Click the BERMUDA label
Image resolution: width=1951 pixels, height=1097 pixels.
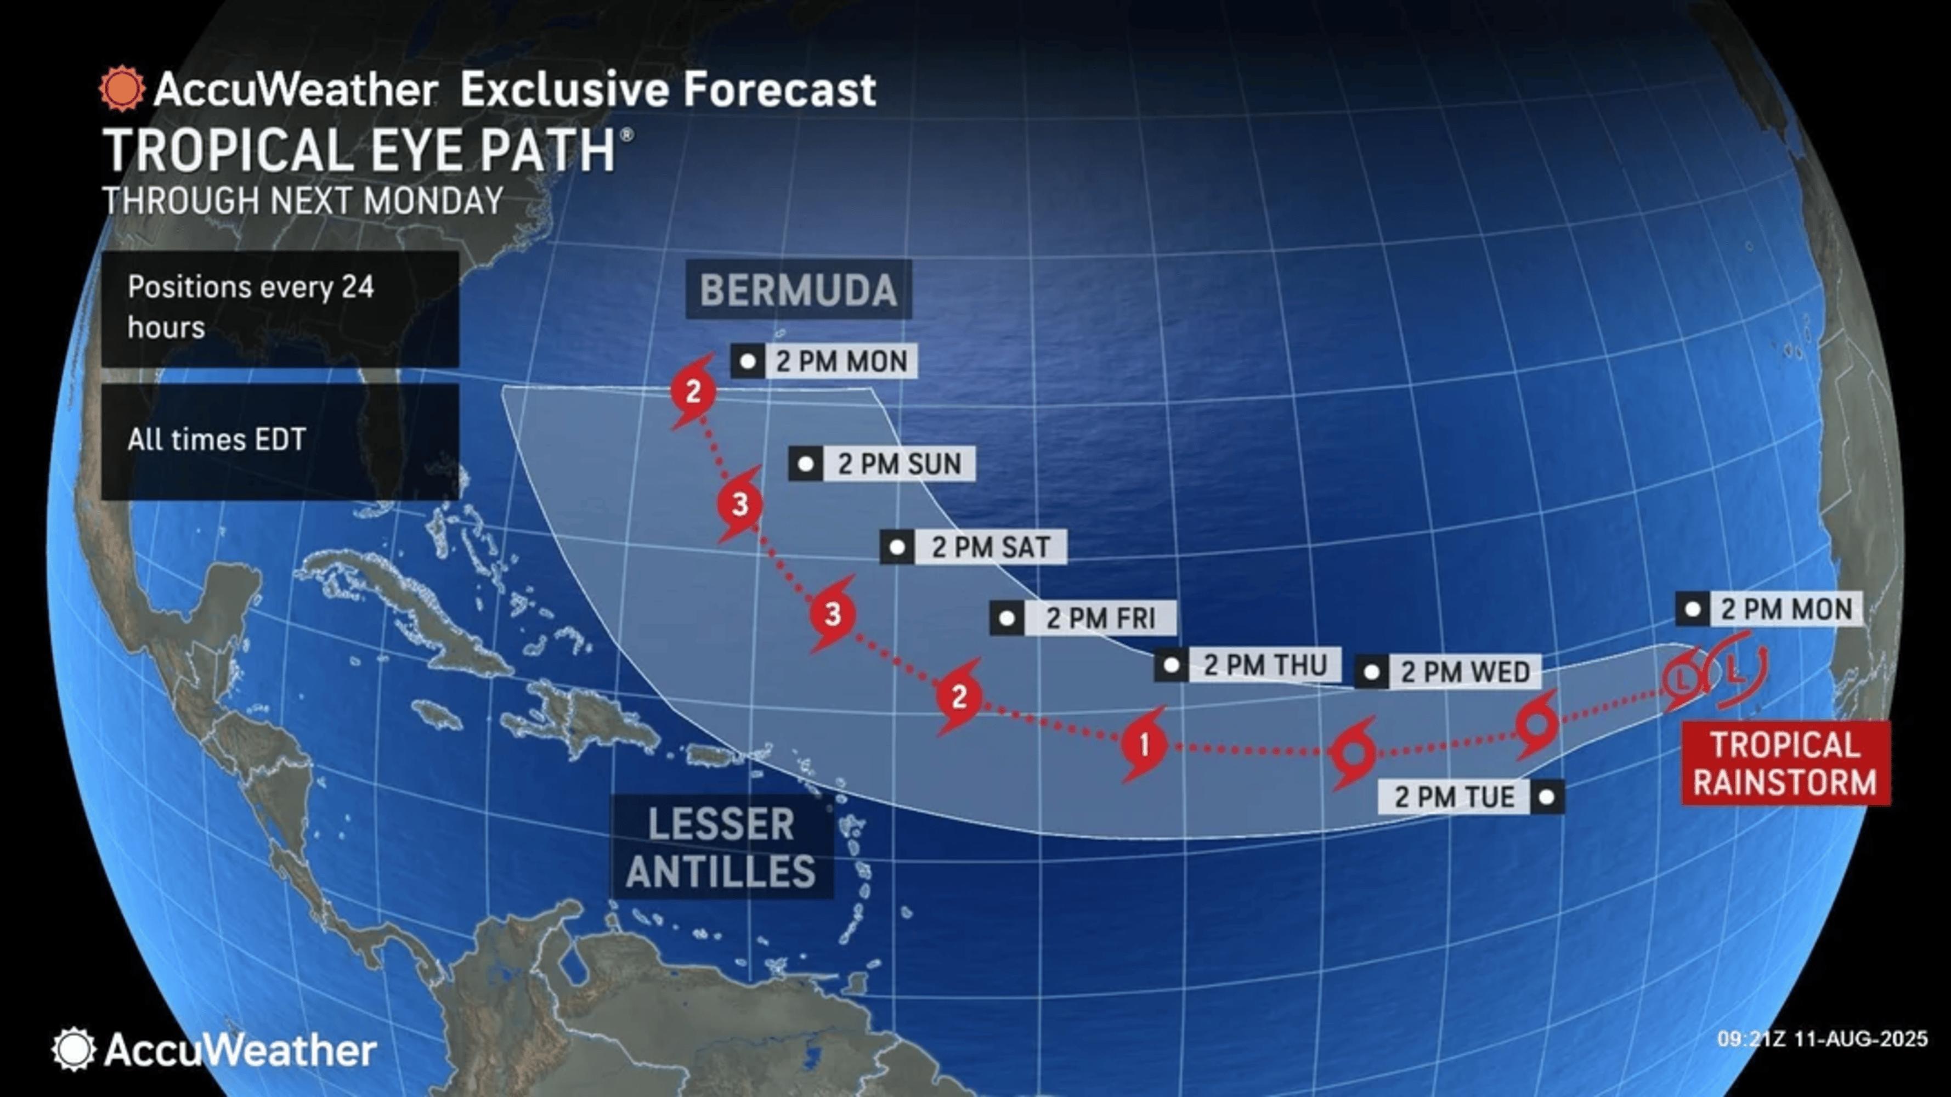click(798, 290)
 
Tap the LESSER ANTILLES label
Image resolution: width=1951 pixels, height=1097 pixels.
click(721, 847)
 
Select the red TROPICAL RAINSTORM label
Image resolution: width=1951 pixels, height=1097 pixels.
click(1785, 763)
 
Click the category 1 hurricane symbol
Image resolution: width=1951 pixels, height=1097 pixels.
click(1144, 745)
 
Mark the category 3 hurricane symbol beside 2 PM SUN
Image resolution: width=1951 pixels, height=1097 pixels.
click(740, 504)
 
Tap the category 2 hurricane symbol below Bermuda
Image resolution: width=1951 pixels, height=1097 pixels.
click(693, 392)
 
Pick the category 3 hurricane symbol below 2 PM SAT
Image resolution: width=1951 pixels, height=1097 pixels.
click(833, 614)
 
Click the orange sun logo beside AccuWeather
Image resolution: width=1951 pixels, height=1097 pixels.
click(121, 89)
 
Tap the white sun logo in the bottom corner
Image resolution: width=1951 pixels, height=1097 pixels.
click(73, 1049)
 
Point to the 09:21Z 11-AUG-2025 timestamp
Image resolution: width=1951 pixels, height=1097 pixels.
click(1822, 1038)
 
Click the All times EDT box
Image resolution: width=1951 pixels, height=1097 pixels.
click(280, 440)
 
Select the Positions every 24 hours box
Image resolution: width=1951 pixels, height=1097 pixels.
click(280, 308)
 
